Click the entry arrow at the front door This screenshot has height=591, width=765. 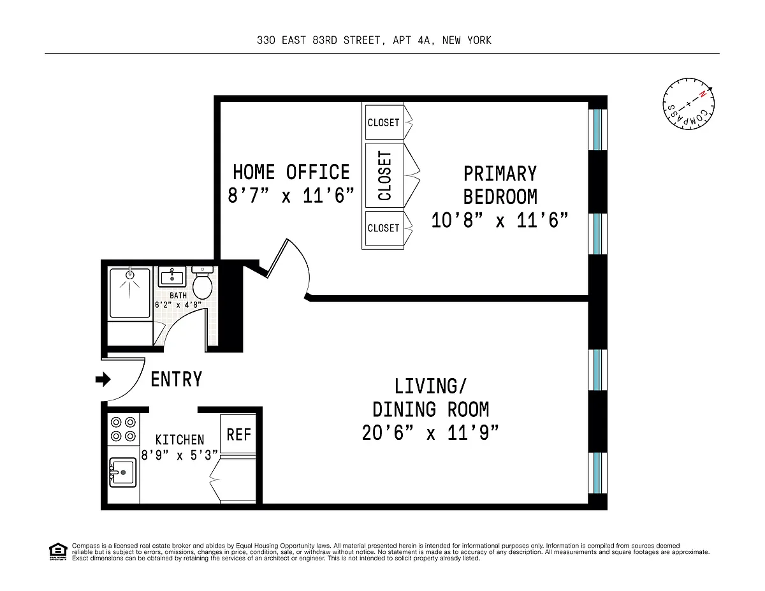click(x=103, y=379)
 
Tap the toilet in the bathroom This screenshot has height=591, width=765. click(x=203, y=282)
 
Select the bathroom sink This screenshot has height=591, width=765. click(x=171, y=277)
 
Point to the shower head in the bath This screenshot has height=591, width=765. click(x=130, y=275)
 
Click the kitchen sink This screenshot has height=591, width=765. click(x=122, y=472)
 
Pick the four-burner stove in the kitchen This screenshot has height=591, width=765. click(x=123, y=429)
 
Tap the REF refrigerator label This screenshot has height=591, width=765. click(x=238, y=434)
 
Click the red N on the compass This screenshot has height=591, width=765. click(x=703, y=94)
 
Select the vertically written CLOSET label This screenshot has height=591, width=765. click(x=384, y=175)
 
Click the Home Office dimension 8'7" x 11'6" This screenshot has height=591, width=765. click(x=291, y=195)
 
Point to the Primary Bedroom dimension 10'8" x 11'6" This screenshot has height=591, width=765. click(x=500, y=220)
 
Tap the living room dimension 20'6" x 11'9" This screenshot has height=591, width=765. click(x=430, y=433)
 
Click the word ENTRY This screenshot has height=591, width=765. click(x=177, y=379)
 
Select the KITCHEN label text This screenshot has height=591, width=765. click(x=180, y=440)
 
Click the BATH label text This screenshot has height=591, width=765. click(x=178, y=295)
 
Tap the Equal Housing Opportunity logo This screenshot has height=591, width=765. click(x=58, y=551)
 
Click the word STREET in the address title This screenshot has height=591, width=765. click(x=362, y=40)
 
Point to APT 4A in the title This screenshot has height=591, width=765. click(x=414, y=40)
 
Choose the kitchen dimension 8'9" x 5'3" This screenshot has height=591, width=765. click(x=180, y=455)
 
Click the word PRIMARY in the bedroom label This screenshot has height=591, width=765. click(x=500, y=173)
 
